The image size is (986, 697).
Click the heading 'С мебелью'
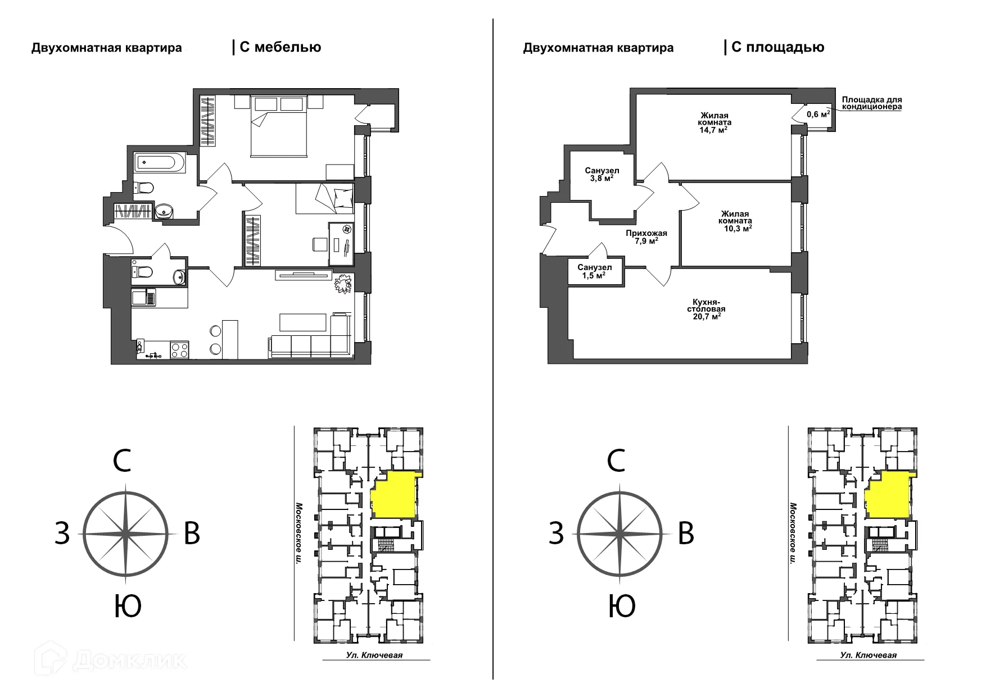coord(280,47)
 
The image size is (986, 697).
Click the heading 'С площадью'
coord(778,47)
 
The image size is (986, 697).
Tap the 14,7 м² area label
coord(714,122)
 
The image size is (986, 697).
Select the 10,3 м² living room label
coord(735,221)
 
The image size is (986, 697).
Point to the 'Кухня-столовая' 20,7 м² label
coord(706,309)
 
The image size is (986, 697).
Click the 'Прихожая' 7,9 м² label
coord(646,237)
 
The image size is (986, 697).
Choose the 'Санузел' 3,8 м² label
coord(601,174)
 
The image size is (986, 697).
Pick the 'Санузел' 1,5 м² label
coord(594,271)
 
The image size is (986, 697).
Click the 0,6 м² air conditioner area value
coord(818,113)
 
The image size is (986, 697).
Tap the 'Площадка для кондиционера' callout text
coord(871,103)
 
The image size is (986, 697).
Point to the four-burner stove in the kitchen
coord(180,350)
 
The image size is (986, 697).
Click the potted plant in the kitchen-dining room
coord(342,283)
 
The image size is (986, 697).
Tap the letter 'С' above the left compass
coord(123,461)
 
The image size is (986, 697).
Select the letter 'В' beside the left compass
coord(192,533)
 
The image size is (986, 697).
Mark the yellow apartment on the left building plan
coord(395,494)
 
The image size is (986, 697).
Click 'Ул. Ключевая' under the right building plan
coord(868,655)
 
